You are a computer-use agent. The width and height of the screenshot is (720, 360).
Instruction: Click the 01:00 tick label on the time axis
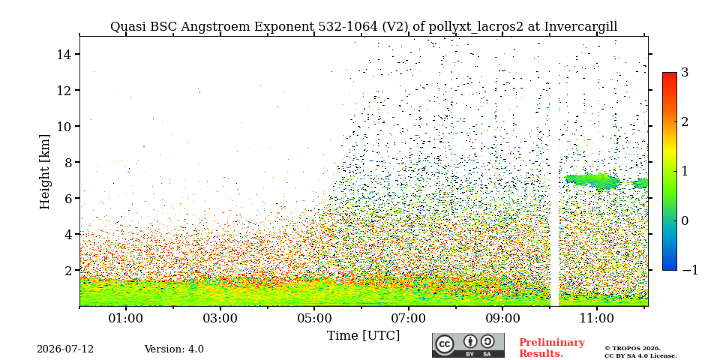[126, 318]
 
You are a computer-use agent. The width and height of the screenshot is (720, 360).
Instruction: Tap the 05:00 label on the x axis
[314, 318]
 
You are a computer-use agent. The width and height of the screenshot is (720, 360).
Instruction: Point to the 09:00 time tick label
[502, 318]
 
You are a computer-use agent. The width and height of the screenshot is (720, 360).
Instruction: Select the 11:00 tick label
[596, 318]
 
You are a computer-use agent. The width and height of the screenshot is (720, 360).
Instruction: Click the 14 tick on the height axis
[63, 54]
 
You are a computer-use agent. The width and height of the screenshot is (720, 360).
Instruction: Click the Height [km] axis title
[44, 172]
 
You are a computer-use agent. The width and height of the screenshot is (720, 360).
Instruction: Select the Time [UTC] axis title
[363, 336]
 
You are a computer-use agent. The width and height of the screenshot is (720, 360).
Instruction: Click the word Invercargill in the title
[580, 27]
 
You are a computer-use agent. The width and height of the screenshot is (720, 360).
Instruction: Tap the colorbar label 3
[685, 73]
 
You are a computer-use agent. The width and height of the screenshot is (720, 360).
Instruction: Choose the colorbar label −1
[690, 270]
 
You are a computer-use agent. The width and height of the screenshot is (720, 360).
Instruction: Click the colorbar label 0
[685, 220]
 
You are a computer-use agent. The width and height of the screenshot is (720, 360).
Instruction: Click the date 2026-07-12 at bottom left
[65, 349]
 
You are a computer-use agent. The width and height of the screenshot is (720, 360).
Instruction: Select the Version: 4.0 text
[174, 349]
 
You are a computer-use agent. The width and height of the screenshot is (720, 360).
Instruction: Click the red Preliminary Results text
[552, 348]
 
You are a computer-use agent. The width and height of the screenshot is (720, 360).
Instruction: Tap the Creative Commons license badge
[468, 345]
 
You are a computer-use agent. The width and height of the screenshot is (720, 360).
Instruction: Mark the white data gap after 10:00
[555, 171]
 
